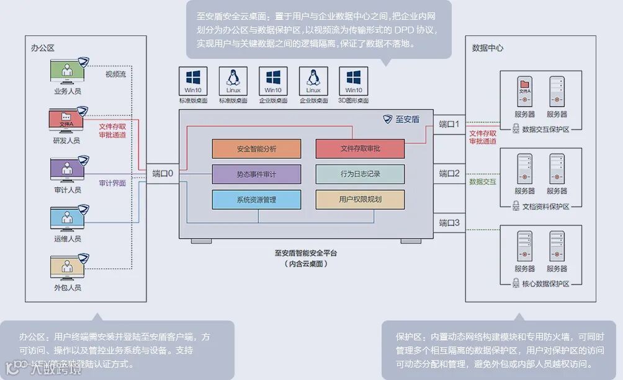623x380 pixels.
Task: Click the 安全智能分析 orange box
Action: [256, 149]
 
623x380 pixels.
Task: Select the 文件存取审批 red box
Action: [360, 149]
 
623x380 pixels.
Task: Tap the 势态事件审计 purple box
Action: [256, 174]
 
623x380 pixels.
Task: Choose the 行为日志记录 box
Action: [360, 174]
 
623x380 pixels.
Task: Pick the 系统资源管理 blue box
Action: [256, 200]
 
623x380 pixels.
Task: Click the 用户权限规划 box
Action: [360, 200]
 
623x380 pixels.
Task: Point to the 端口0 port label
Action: [163, 174]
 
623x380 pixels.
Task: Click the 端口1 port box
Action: [449, 124]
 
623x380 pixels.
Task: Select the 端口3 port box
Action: [449, 223]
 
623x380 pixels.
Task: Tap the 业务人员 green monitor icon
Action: [67, 70]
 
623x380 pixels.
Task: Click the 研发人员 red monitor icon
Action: [67, 120]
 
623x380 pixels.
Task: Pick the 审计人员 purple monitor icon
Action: [67, 169]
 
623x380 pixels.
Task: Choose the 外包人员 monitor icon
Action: [67, 267]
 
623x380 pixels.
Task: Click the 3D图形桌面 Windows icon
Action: [353, 81]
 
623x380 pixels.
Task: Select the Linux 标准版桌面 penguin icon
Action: [233, 81]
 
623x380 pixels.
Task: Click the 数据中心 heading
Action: [488, 48]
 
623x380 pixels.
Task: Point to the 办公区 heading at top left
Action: [43, 48]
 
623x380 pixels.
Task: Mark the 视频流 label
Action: [115, 74]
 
